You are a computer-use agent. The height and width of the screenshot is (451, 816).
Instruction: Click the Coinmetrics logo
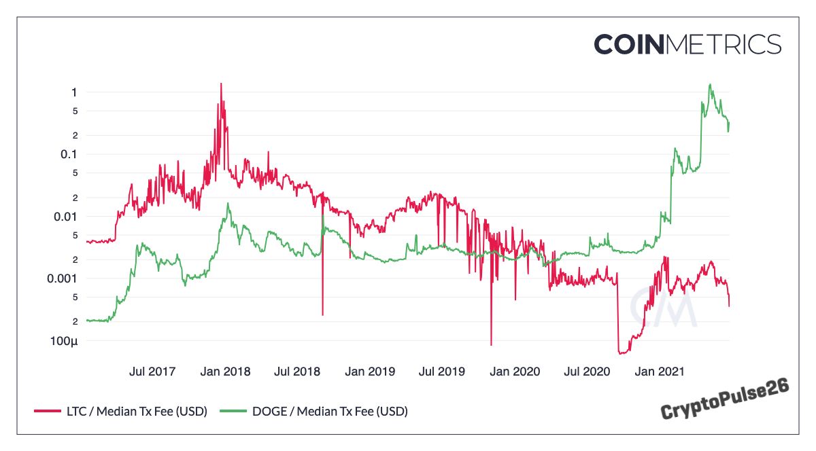pos(687,45)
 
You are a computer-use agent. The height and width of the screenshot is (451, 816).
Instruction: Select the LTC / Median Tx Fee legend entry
pos(120,411)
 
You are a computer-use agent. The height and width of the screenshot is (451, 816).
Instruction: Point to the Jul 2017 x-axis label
pos(152,372)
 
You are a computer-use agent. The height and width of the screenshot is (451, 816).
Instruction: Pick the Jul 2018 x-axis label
pos(297,372)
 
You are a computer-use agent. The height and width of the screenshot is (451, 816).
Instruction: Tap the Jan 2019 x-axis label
pos(370,372)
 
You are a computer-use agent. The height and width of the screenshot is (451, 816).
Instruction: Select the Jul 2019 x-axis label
pos(442,372)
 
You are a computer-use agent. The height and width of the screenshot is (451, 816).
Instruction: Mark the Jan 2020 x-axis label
pos(515,372)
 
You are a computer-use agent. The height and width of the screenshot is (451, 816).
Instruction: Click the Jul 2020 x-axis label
pos(588,372)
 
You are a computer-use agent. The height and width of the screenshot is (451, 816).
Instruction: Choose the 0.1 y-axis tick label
pos(69,154)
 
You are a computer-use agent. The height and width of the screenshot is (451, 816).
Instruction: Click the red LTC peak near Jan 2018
pos(220,85)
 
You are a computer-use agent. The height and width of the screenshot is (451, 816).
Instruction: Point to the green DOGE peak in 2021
pos(710,86)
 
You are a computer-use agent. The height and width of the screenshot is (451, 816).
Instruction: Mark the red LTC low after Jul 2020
pos(622,353)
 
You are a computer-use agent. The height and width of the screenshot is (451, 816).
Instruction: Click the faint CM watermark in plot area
pos(662,307)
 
